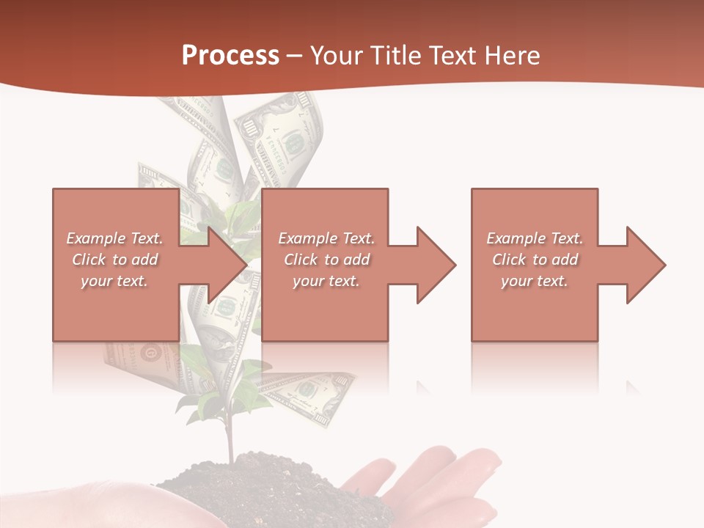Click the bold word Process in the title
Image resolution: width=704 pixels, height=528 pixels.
(230, 56)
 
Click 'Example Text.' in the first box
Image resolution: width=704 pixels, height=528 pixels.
(114, 238)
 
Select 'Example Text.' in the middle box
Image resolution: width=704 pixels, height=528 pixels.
(326, 238)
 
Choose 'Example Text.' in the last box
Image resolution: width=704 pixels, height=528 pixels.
(535, 238)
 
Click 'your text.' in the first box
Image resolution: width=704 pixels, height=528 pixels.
(114, 281)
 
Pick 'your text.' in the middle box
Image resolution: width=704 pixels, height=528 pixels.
(326, 281)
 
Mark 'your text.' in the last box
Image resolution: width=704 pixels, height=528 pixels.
(535, 281)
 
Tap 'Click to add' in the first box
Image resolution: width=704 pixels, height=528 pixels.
(114, 260)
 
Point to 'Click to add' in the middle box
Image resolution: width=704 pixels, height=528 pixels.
(326, 260)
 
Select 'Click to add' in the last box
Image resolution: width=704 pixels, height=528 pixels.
(535, 260)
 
